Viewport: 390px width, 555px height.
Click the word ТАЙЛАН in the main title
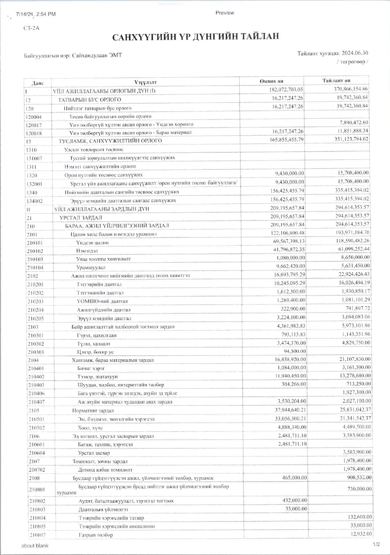[x=260, y=37]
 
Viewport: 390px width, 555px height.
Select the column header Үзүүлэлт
[x=145, y=82]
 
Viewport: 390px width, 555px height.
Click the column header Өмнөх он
[x=271, y=81]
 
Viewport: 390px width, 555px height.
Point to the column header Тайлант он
[x=336, y=81]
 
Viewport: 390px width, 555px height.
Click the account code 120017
[x=34, y=125]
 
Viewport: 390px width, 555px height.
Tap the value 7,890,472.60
[x=354, y=122]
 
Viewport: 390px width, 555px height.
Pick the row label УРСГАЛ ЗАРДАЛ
[x=81, y=218]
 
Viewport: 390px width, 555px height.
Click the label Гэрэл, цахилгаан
[x=97, y=336]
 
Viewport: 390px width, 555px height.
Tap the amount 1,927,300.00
[x=356, y=392]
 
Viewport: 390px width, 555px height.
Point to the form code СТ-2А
[x=31, y=28]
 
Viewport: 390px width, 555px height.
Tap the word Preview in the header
[x=225, y=13]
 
